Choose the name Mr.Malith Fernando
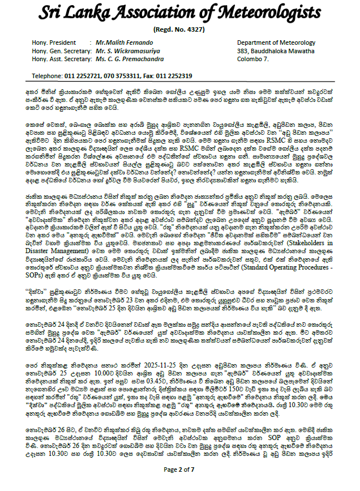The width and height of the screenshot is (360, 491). [124, 42]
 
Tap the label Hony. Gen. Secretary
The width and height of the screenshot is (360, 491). [61, 50]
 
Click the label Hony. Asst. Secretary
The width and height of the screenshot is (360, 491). [61, 58]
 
